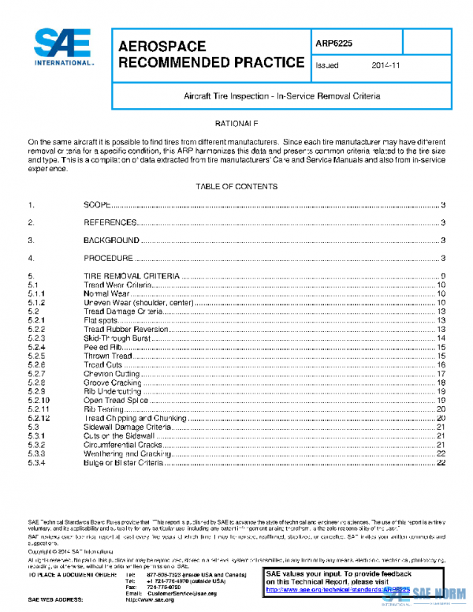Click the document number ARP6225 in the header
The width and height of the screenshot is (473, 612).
point(334,44)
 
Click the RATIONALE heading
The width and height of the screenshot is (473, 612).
point(236,125)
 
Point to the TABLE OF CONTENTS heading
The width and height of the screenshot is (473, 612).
point(236,187)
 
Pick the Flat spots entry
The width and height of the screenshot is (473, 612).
point(101,320)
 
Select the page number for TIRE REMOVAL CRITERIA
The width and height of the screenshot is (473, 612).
point(445,275)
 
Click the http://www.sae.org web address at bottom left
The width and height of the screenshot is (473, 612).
point(149,600)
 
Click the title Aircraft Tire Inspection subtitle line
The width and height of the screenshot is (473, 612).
point(282,95)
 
